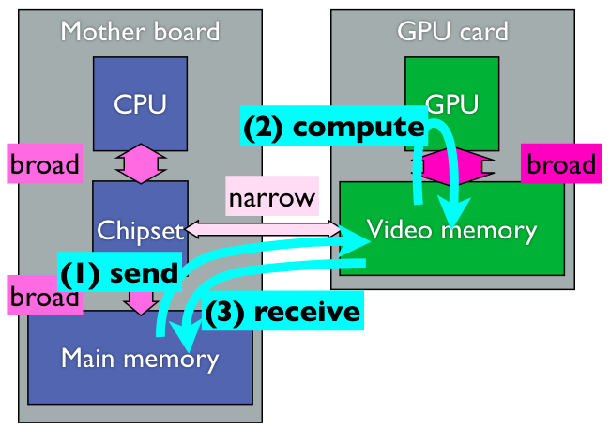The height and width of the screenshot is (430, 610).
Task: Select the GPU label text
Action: [451, 102]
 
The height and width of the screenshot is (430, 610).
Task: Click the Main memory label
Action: [139, 358]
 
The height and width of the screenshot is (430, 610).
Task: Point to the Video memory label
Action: [451, 230]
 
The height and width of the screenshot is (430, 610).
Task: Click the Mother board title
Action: [140, 31]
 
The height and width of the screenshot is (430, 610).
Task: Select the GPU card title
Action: [452, 31]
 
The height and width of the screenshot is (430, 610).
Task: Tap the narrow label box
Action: [271, 198]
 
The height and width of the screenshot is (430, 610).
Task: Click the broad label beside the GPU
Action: [560, 165]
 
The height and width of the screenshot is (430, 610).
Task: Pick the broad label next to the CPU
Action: [44, 165]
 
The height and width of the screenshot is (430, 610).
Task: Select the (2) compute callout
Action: [333, 127]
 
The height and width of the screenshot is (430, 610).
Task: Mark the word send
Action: [143, 273]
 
